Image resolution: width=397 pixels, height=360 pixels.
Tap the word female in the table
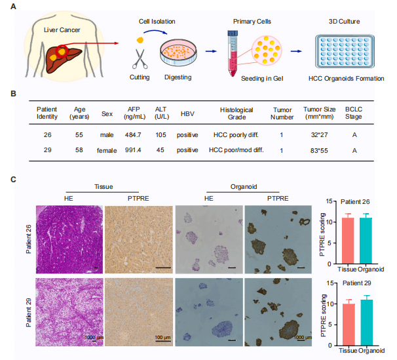click(x=107, y=150)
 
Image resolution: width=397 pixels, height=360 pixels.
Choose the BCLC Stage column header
click(x=354, y=111)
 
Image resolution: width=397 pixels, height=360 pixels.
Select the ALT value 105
click(x=161, y=135)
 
